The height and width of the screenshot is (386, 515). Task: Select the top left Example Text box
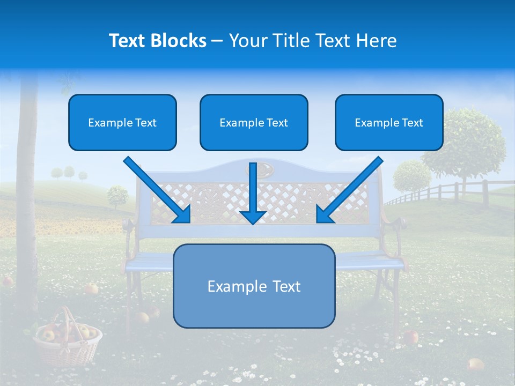pyautogui.click(x=122, y=122)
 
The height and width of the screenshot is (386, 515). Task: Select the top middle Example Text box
pyautogui.click(x=254, y=122)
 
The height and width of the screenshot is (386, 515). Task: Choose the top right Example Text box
pyautogui.click(x=389, y=122)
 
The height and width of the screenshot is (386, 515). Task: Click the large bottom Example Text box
pyautogui.click(x=254, y=286)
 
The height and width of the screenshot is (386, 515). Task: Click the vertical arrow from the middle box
pyautogui.click(x=253, y=193)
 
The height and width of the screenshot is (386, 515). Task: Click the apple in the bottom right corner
pyautogui.click(x=475, y=365)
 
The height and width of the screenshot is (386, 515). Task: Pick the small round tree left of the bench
pyautogui.click(x=117, y=196)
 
